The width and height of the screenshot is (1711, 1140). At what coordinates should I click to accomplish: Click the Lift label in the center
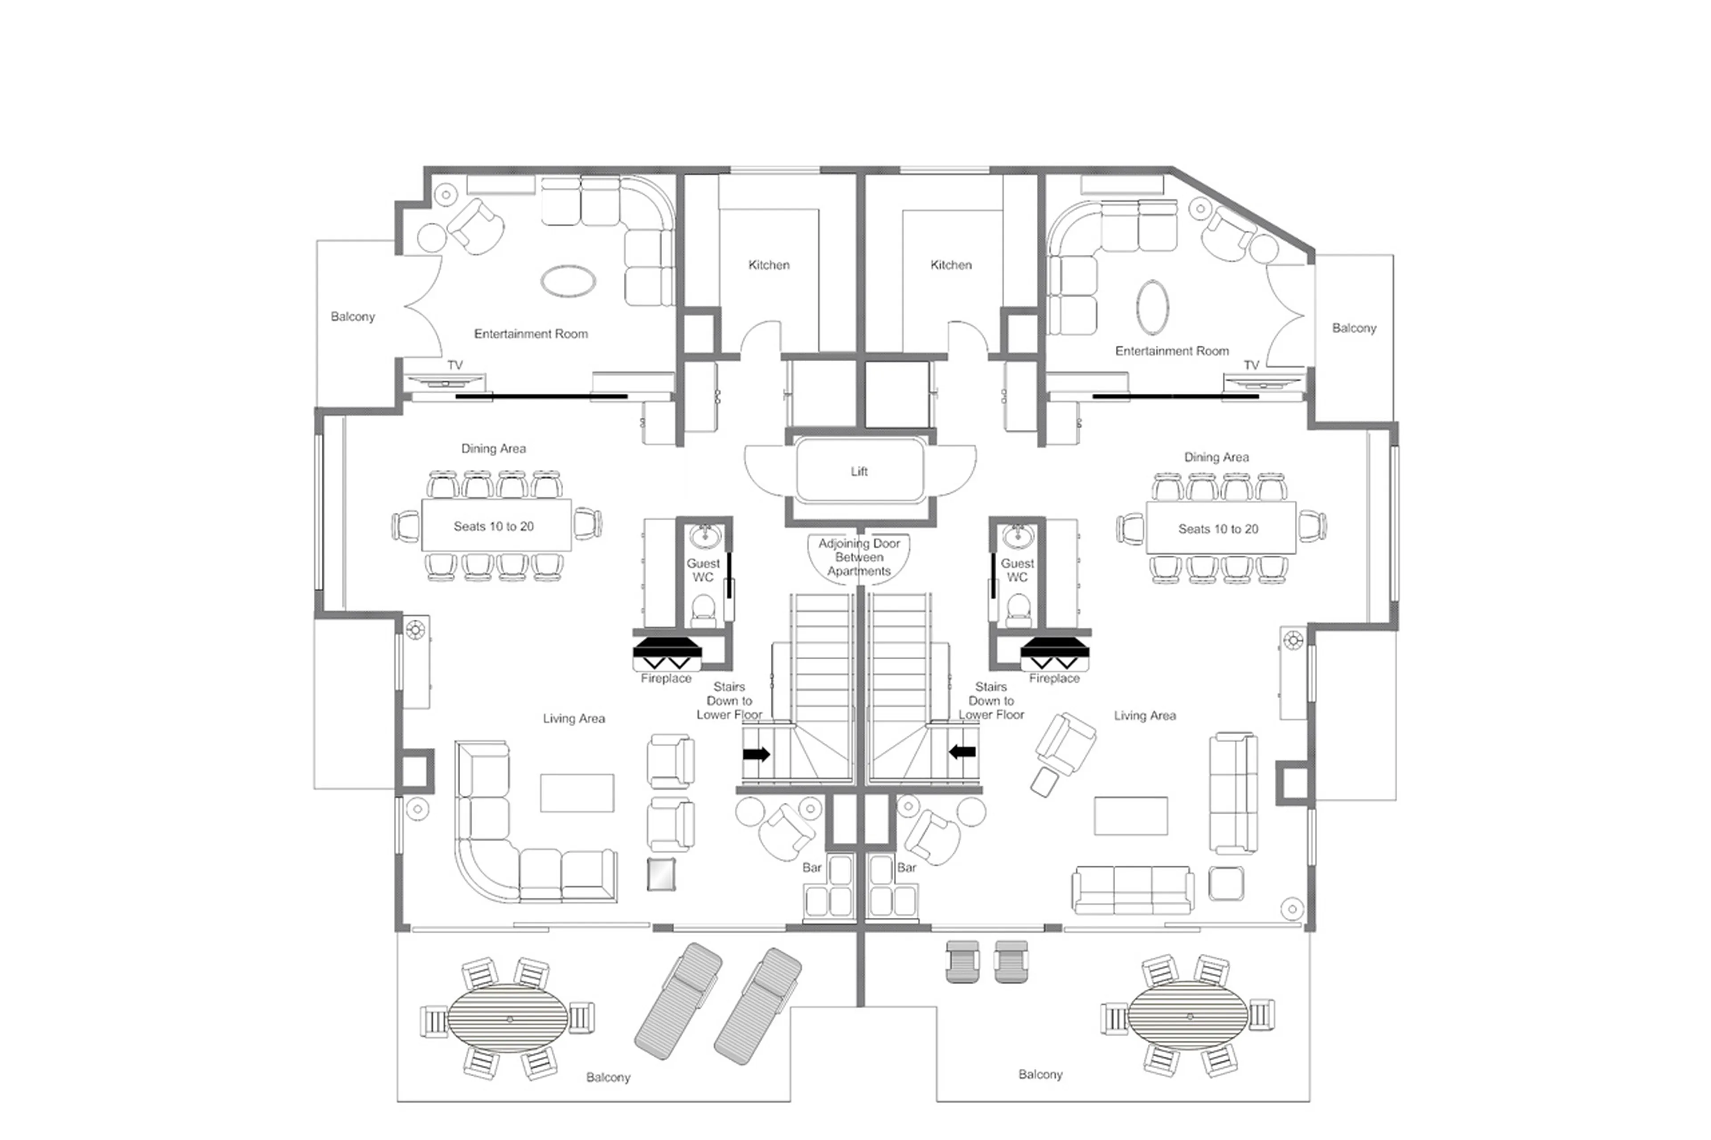(859, 471)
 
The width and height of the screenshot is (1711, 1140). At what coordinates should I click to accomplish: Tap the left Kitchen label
(769, 265)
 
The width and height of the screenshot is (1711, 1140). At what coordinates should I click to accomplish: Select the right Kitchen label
(950, 265)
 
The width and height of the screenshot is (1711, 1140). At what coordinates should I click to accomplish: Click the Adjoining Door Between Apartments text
(859, 557)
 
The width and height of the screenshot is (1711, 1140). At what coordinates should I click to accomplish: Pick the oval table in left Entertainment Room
(568, 281)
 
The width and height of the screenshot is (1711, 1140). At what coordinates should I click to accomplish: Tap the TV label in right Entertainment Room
(1251, 365)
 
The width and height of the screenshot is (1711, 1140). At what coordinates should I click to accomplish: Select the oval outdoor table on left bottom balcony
(508, 1018)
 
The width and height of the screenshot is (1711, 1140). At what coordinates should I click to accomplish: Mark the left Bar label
(811, 867)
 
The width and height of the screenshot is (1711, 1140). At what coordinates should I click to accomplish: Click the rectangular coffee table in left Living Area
(577, 793)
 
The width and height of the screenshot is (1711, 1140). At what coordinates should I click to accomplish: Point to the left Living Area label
(574, 718)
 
